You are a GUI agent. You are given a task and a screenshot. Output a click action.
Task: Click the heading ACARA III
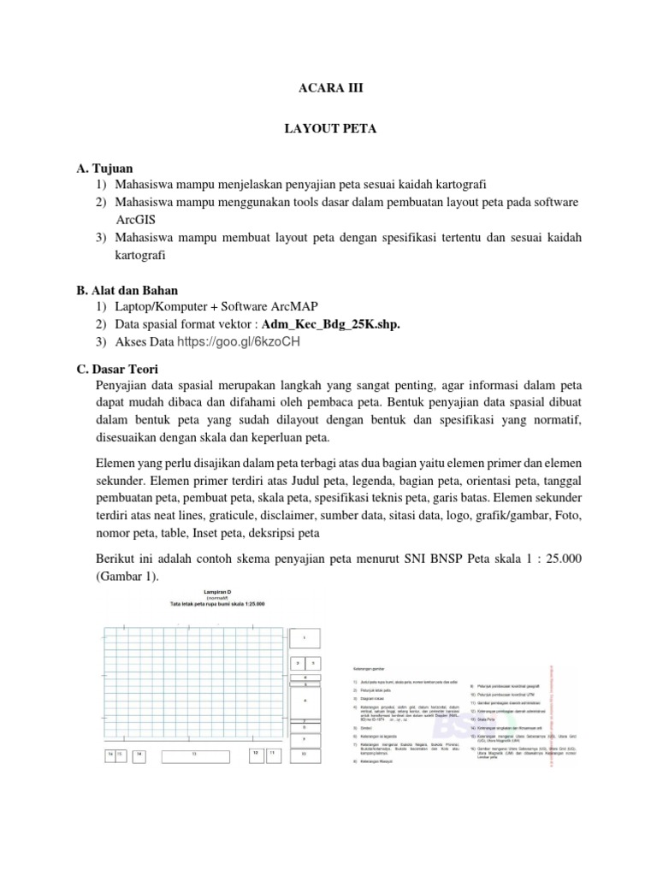click(328, 87)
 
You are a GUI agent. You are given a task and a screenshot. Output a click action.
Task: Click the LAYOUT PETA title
click(328, 129)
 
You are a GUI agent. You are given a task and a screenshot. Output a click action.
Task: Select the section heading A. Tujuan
click(104, 169)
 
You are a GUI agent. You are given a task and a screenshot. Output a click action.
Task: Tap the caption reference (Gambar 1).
click(127, 577)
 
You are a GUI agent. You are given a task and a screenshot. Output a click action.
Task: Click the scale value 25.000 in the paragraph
click(554, 559)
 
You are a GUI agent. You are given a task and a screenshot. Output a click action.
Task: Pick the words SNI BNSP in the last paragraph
click(441, 559)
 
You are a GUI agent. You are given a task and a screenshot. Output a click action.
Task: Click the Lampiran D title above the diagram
click(217, 591)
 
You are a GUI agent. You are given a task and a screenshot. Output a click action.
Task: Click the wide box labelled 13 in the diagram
click(194, 755)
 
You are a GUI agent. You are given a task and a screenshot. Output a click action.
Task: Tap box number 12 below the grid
click(255, 754)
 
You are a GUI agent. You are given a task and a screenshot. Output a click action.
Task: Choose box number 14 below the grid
click(139, 755)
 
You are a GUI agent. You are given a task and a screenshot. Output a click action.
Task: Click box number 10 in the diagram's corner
click(305, 755)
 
